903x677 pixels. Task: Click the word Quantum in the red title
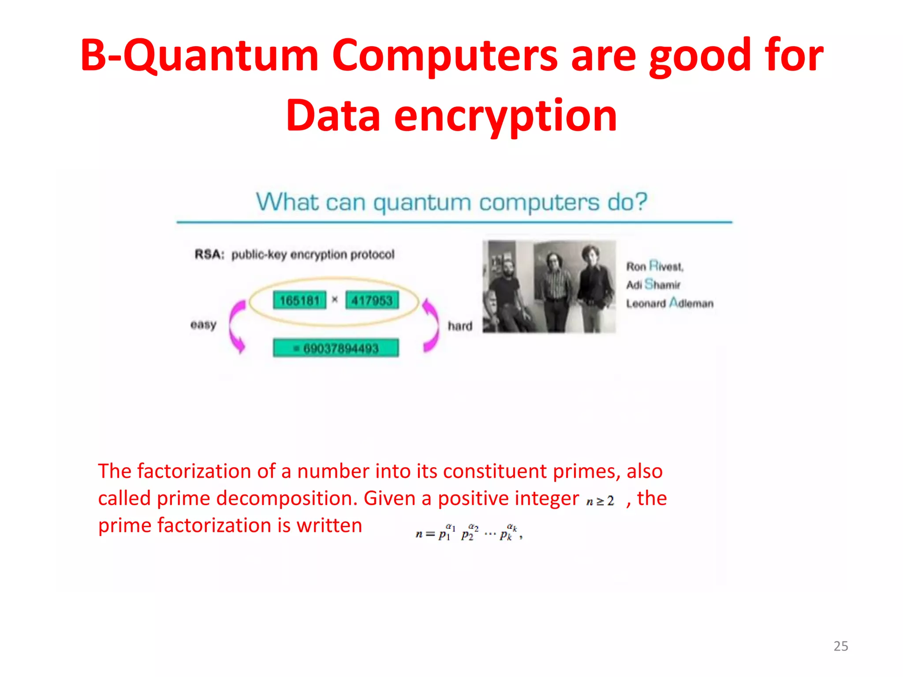pos(220,56)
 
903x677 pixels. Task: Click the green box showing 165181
pos(299,301)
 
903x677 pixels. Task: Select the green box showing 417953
pos(372,301)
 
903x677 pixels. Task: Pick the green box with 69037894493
pos(336,348)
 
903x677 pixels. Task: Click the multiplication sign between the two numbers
pos(335,300)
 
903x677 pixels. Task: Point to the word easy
pos(203,325)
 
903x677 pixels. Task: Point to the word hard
pos(460,326)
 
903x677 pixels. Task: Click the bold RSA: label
pos(209,255)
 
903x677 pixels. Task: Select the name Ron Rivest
pos(655,266)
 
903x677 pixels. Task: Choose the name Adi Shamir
pos(653,285)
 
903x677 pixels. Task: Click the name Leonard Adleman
pos(669,303)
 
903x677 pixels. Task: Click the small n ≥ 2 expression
pos(600,501)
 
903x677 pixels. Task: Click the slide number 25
pos(840,646)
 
